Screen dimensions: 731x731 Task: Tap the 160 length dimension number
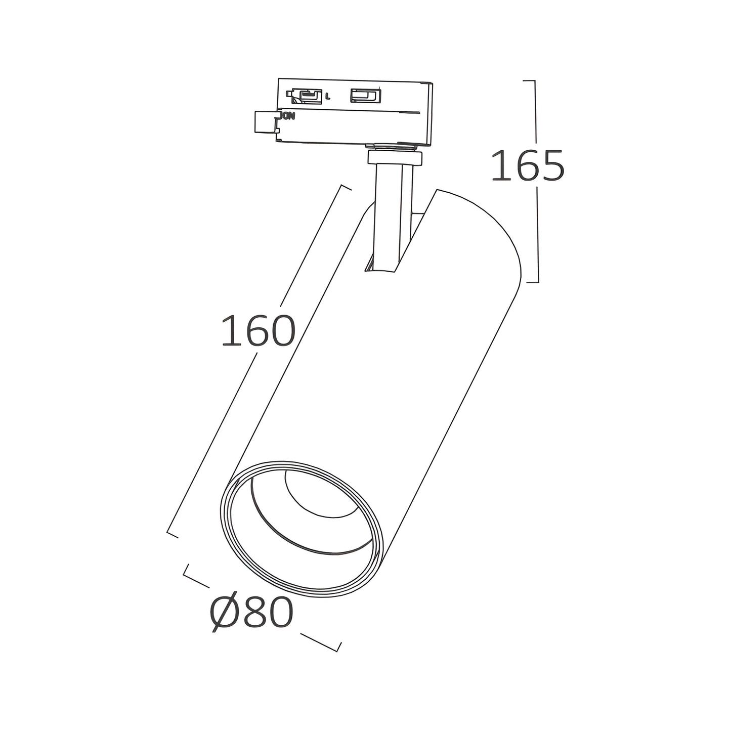coord(259,330)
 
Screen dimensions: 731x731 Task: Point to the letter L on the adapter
coord(328,97)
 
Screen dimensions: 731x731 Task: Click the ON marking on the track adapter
coord(287,116)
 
